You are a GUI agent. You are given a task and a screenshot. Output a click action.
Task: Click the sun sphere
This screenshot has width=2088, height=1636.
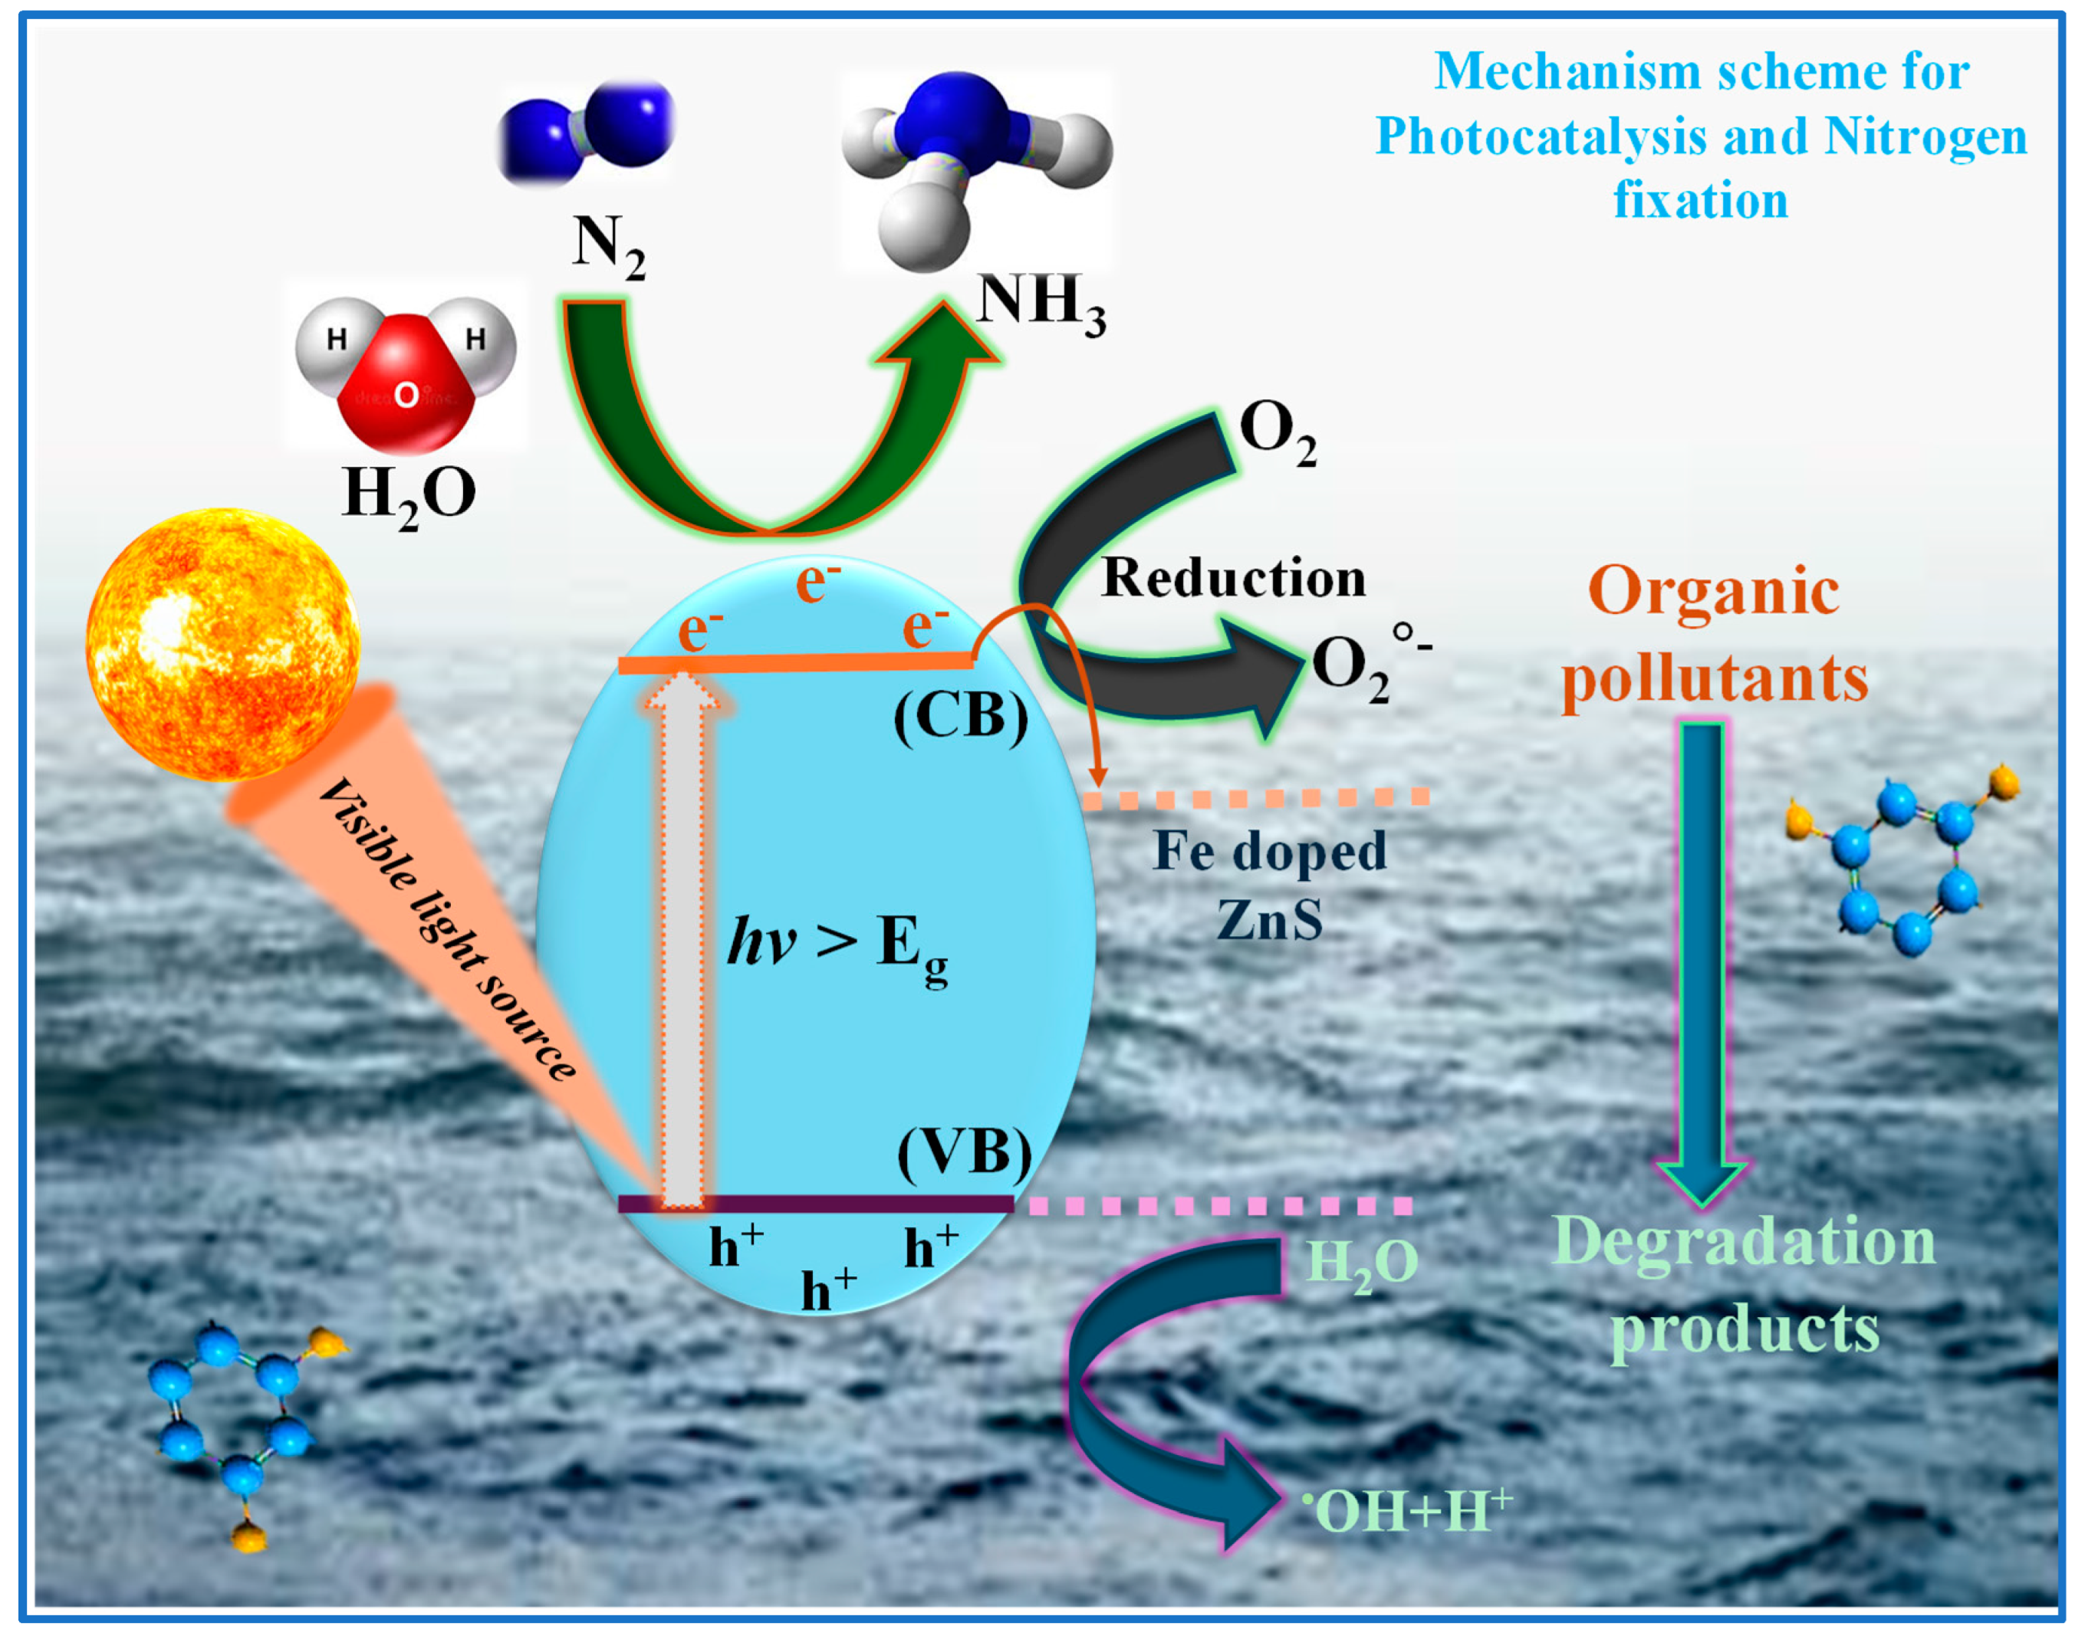[222, 644]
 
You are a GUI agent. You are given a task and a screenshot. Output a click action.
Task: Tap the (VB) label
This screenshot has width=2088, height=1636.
[965, 1152]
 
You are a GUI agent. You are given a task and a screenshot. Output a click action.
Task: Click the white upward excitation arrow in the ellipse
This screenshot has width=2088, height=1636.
[682, 938]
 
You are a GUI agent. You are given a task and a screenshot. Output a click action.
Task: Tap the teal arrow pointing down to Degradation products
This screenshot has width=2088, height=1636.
[1702, 958]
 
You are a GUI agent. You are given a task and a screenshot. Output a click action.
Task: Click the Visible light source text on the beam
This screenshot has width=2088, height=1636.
[449, 929]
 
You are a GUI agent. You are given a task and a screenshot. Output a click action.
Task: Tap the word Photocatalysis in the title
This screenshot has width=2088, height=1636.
[1541, 136]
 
